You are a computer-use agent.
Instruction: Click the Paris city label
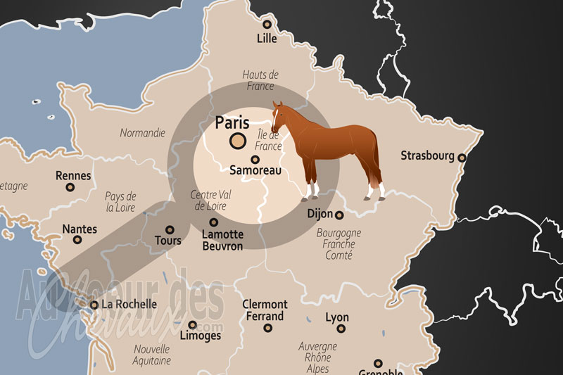(232, 122)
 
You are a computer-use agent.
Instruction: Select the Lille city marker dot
(267, 25)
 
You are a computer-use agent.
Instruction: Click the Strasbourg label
(427, 155)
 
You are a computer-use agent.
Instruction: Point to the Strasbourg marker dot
(462, 158)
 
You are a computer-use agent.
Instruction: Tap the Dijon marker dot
(339, 215)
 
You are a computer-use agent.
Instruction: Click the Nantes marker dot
(78, 240)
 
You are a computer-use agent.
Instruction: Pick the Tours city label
(167, 241)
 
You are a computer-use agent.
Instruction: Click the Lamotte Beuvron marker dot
(214, 222)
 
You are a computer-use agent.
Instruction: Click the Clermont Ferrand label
(265, 310)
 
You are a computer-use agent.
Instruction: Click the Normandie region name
(142, 132)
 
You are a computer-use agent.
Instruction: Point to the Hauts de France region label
(260, 80)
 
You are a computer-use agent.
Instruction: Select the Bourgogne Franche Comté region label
(339, 243)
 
